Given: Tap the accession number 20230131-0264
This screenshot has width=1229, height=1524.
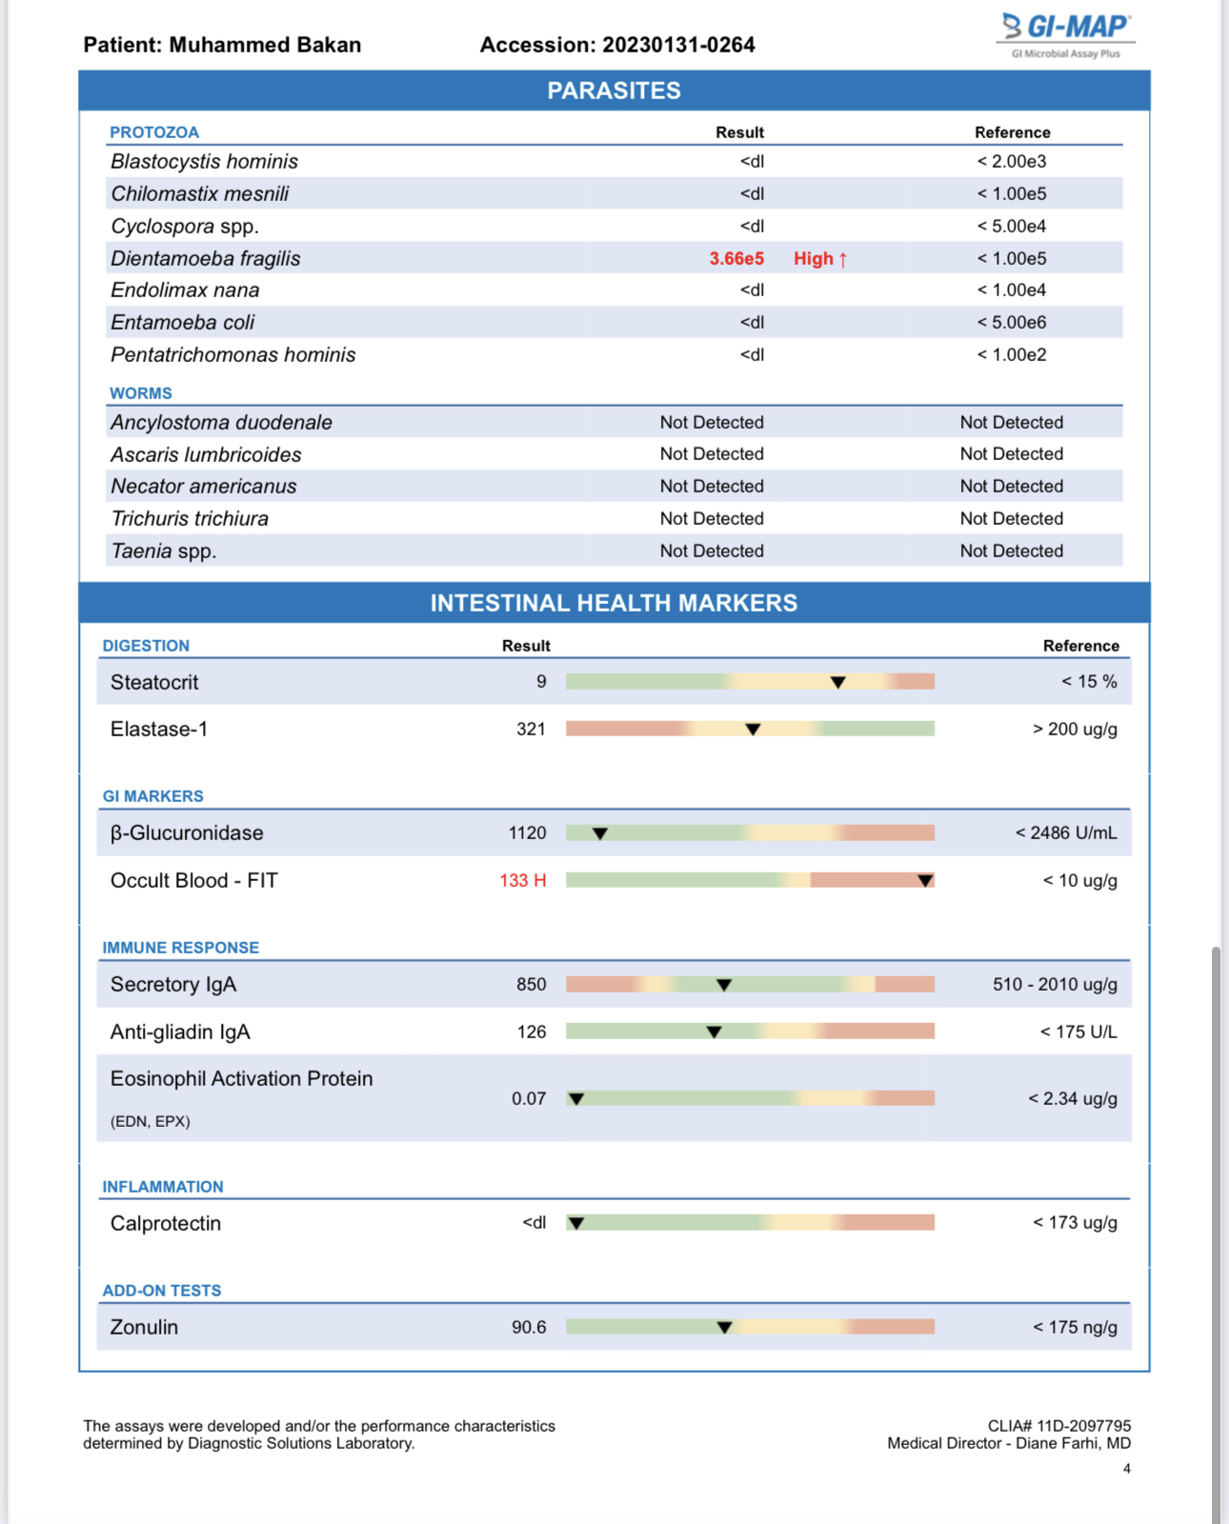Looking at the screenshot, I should point(678,45).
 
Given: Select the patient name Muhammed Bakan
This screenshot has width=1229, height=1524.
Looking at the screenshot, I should point(265,45).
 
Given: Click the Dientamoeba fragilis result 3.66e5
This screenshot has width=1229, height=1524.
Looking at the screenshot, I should point(735,258).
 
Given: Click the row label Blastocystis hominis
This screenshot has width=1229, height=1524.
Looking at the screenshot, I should point(204,162).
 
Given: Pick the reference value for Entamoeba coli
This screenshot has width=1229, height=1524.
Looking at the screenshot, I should point(1011,322).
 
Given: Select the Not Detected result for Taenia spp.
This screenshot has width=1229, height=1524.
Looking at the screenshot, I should point(712,551).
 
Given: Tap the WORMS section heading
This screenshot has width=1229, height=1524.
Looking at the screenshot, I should point(141,393).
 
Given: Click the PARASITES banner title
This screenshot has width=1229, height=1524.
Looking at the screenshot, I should point(614,90).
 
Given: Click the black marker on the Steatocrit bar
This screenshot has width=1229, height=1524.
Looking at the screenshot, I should point(837,682).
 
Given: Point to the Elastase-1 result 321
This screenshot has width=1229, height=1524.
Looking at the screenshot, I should point(531,729).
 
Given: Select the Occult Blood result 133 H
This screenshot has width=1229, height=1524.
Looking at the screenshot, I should point(522,880).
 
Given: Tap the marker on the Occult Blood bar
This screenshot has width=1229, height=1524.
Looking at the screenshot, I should point(924,880).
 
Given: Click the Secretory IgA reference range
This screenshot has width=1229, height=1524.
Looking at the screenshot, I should point(1055,984).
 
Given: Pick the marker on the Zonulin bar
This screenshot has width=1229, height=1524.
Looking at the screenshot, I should point(724,1327).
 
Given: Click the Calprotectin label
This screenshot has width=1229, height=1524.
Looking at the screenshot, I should point(166,1223).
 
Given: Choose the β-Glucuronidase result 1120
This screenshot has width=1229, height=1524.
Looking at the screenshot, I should point(527,832).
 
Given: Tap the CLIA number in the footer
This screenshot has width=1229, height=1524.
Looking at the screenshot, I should point(1058,1426).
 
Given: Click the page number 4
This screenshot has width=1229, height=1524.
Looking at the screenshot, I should point(1126,1469).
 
